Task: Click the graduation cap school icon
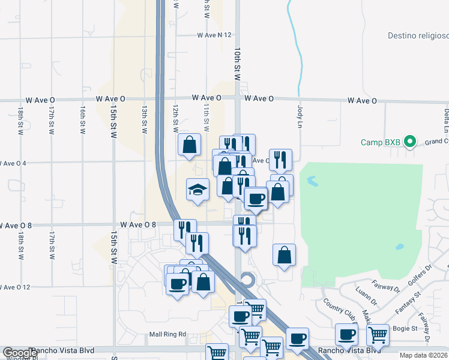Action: click(x=197, y=190)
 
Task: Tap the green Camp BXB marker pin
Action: click(x=410, y=142)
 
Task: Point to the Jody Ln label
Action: click(x=300, y=116)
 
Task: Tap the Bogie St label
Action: click(x=406, y=328)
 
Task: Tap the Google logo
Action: click(x=20, y=353)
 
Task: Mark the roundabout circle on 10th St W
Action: click(x=247, y=280)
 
